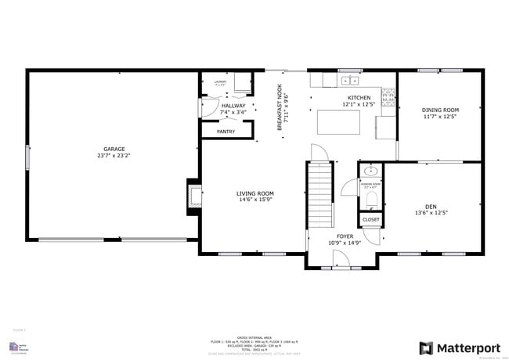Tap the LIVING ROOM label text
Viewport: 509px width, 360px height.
point(255,193)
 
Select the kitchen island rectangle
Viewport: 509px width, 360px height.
point(338,123)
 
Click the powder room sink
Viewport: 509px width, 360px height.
point(371,171)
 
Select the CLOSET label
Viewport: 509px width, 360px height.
point(371,220)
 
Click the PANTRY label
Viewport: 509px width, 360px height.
point(226,131)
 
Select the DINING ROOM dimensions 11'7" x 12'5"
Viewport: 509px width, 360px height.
point(440,117)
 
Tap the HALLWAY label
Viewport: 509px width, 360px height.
point(233,105)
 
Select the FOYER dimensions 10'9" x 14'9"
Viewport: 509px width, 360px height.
point(345,243)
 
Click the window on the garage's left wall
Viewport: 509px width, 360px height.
point(27,157)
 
